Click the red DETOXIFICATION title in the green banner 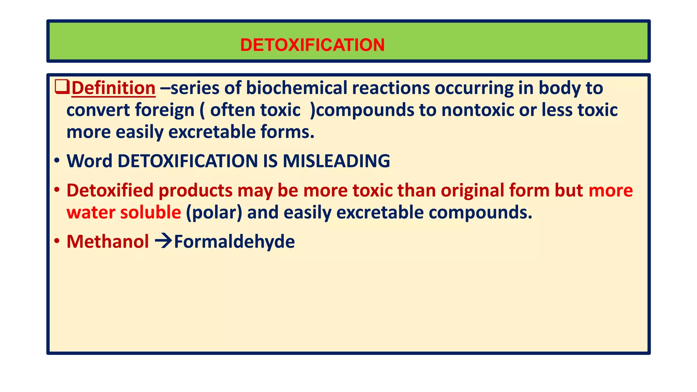[312, 45]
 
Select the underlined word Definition [113, 88]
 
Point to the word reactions [391, 88]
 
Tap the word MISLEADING [336, 161]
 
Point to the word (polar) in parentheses [214, 212]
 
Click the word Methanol [108, 242]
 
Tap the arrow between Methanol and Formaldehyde [163, 241]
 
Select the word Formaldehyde [234, 242]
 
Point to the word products [195, 190]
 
